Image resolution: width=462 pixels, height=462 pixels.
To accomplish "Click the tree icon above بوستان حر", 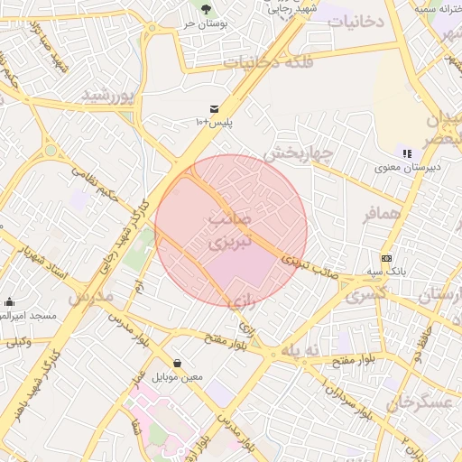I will click(x=206, y=8).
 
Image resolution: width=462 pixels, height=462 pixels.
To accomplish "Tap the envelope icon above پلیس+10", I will click(x=215, y=109).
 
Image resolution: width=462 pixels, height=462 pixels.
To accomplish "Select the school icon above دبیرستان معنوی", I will click(x=408, y=153).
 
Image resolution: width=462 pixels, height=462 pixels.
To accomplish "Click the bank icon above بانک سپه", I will click(x=386, y=258).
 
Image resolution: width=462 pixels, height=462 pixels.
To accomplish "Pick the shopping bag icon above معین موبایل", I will click(x=177, y=363).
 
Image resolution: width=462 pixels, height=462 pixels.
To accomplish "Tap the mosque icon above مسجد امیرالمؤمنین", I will click(x=9, y=302).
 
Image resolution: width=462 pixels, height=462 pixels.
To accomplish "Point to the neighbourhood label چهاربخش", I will click(x=299, y=153).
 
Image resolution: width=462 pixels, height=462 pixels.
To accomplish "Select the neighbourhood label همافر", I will click(x=381, y=215).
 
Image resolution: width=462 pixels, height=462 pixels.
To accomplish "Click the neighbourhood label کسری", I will click(x=365, y=294).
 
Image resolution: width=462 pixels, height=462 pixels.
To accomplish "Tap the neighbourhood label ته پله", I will click(x=301, y=350).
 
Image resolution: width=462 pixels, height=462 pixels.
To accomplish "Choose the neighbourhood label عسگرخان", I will click(x=419, y=402).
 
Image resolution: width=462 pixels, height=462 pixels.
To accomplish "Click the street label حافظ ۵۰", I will click(x=424, y=343).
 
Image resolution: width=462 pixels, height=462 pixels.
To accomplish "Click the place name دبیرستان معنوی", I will click(x=408, y=168).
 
